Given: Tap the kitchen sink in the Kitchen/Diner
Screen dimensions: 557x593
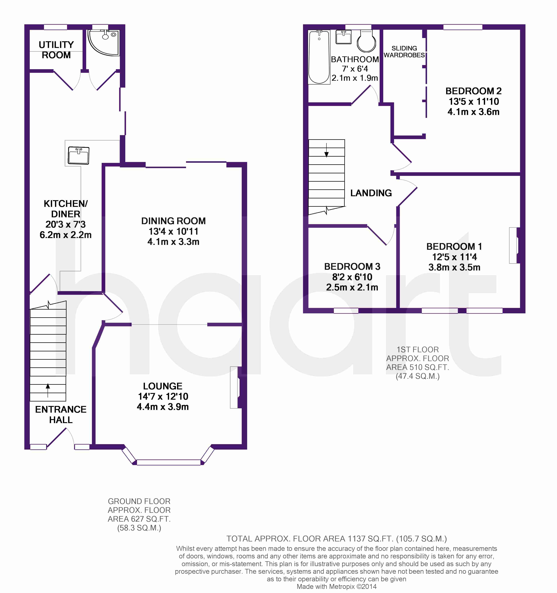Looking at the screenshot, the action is pos(78,155).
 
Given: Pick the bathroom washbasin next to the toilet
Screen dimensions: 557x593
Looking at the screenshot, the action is pos(344,37).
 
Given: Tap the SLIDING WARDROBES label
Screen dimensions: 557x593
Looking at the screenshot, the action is pos(404,52).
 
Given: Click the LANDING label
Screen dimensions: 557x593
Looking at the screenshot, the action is pos(371,193).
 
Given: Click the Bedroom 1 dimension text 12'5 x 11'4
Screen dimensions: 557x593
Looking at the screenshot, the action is pos(454,257).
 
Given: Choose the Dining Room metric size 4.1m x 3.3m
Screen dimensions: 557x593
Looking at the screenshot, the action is pos(173,242).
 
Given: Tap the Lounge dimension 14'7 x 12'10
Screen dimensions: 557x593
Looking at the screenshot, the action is pos(163,396).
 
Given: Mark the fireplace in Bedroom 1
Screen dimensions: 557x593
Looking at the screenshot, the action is pos(514,245).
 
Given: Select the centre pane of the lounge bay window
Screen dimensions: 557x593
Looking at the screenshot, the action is pos(169,462).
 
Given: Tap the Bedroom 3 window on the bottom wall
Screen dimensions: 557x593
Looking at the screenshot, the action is pos(346,310).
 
